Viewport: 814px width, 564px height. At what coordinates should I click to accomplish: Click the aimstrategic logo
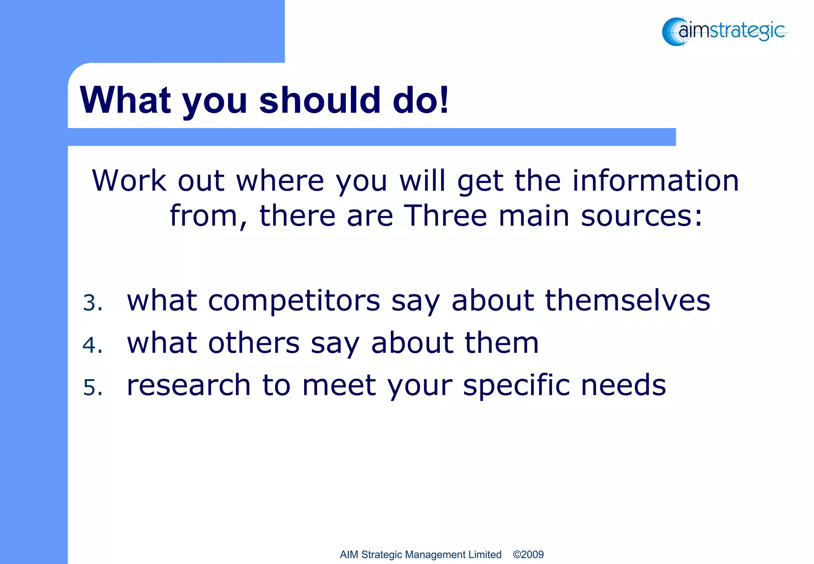724,31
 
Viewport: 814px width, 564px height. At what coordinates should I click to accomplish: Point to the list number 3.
92,302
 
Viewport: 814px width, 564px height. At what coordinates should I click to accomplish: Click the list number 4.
92,344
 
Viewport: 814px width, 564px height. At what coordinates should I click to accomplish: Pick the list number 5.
92,387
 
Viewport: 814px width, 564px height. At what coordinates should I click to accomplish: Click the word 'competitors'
294,301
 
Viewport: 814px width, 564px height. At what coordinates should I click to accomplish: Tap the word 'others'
254,342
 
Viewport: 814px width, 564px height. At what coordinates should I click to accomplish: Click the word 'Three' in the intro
445,216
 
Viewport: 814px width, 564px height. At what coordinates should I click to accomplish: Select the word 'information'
655,181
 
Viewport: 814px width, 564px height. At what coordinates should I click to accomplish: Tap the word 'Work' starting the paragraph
129,181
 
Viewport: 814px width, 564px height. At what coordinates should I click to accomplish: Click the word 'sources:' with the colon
641,216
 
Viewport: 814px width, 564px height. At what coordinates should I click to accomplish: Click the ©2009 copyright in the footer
528,554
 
